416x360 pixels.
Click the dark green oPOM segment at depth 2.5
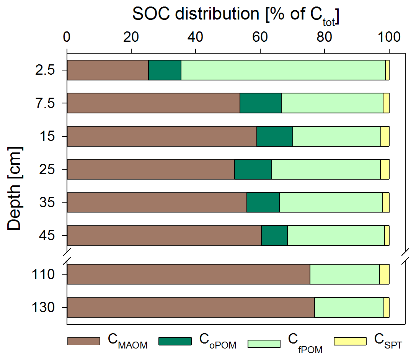click(165, 70)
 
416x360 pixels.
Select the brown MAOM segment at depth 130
click(191, 308)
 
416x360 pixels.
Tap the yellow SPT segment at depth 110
click(384, 274)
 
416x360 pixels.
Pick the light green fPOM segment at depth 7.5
click(332, 103)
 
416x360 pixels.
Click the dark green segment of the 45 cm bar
click(274, 235)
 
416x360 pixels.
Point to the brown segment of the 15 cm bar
click(162, 136)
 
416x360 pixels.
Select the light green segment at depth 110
click(344, 274)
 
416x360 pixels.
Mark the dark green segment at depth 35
click(263, 202)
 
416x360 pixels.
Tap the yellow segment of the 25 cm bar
click(385, 169)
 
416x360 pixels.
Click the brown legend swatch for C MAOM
click(84, 341)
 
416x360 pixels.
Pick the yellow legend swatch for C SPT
click(350, 341)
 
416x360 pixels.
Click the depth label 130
click(47, 308)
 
